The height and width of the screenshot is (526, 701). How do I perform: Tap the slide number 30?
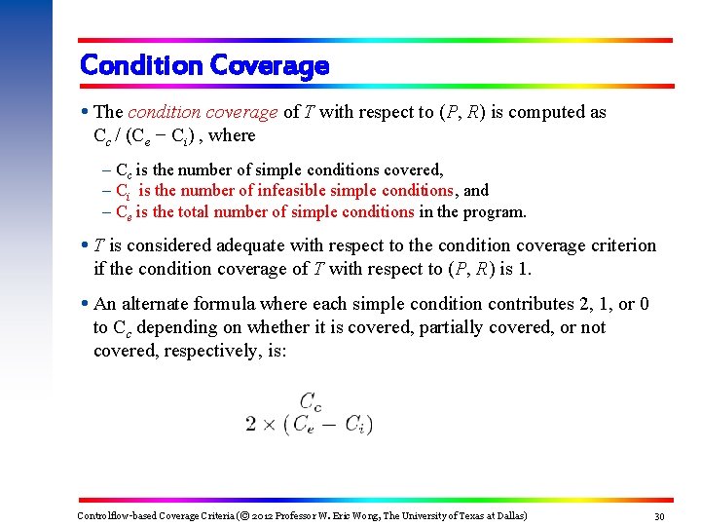point(659,515)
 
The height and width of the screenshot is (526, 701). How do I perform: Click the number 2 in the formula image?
point(251,424)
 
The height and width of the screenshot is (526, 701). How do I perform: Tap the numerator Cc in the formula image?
point(312,400)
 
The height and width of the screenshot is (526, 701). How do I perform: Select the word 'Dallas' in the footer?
point(505,515)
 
